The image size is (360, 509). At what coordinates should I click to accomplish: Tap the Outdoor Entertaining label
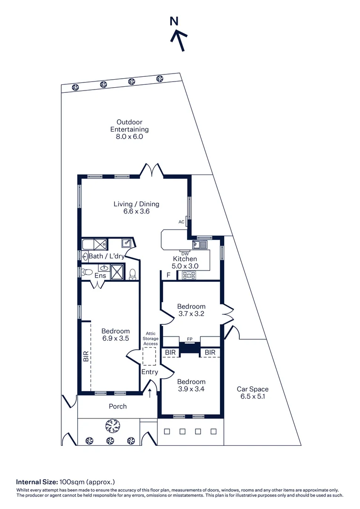click(129, 129)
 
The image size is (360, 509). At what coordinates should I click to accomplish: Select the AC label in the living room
click(181, 222)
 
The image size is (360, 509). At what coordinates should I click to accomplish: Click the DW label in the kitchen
click(185, 254)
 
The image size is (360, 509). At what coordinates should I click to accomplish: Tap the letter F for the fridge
click(168, 275)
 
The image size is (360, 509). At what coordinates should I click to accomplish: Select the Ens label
click(100, 276)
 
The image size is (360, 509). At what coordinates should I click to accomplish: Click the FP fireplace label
click(190, 338)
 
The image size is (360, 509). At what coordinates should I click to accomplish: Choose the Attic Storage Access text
click(151, 339)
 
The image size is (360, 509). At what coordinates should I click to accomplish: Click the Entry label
click(150, 372)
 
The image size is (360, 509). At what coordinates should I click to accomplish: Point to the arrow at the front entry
click(150, 393)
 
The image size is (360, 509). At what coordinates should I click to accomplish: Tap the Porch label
click(117, 406)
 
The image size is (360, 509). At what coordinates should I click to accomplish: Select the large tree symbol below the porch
click(112, 427)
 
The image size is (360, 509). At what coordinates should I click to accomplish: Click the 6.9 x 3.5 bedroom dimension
click(115, 338)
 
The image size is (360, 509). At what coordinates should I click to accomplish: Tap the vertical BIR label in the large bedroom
click(86, 356)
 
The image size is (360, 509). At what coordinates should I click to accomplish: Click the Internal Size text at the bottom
click(65, 482)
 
